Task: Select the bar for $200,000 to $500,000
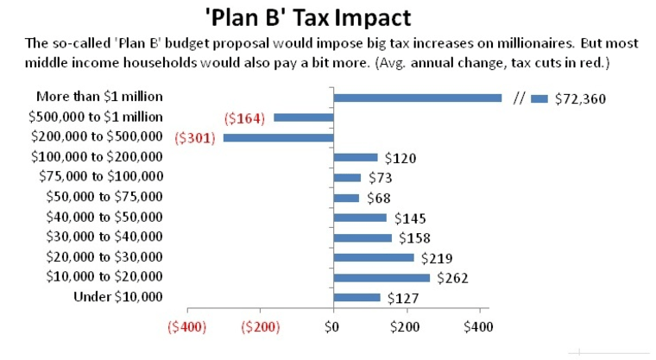pyautogui.click(x=278, y=137)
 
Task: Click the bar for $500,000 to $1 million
pyautogui.click(x=303, y=117)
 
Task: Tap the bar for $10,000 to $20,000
pyautogui.click(x=382, y=277)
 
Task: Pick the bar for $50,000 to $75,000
pyautogui.click(x=346, y=198)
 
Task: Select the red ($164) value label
pyautogui.click(x=245, y=117)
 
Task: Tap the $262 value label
pyautogui.click(x=452, y=277)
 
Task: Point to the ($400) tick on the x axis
pyautogui.click(x=186, y=328)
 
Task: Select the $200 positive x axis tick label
pyautogui.click(x=405, y=328)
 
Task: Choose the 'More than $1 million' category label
pyautogui.click(x=99, y=97)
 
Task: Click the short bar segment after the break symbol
pyautogui.click(x=539, y=98)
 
